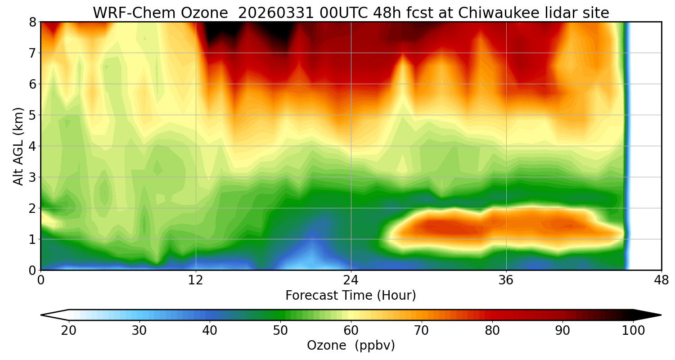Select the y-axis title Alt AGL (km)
(18, 146)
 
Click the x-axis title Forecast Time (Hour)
(351, 296)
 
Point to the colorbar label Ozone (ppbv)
(351, 346)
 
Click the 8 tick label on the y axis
(32, 22)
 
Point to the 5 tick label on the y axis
(32, 115)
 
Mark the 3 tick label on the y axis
(32, 177)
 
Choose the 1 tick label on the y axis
(32, 239)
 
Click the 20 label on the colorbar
(68, 331)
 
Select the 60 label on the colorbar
(351, 331)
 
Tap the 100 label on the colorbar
(633, 331)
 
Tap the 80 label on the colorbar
(492, 331)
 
